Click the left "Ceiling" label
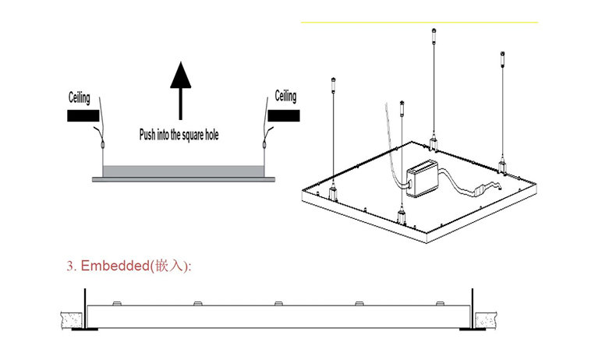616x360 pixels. coord(78,98)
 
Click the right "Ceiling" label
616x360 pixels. coord(286,97)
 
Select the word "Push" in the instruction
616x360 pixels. coord(148,134)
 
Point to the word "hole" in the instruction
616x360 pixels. coord(210,134)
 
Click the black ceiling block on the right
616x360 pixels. coord(284,116)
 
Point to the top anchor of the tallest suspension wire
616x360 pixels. coord(434,32)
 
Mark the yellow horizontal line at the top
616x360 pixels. coord(419,23)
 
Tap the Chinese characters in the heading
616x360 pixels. coord(172,266)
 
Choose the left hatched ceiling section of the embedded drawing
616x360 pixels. coord(69,318)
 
